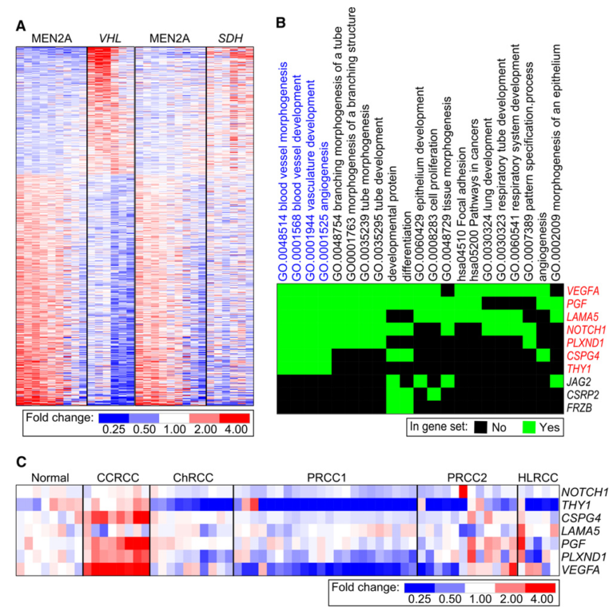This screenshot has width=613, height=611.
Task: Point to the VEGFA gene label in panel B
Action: pyautogui.click(x=584, y=292)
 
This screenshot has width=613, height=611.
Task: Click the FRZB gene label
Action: pyautogui.click(x=580, y=407)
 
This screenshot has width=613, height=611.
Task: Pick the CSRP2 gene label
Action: pyautogui.click(x=583, y=394)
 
